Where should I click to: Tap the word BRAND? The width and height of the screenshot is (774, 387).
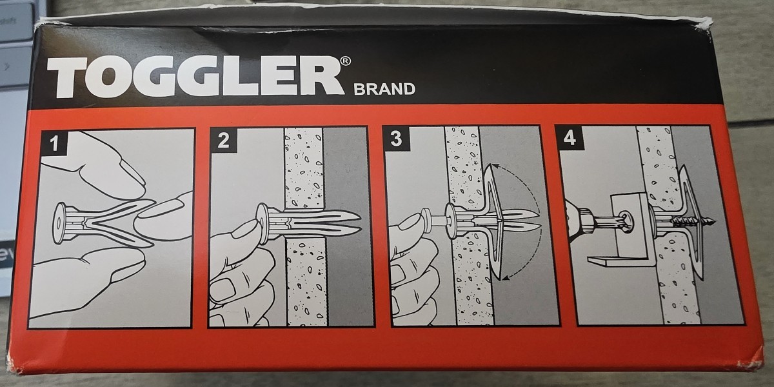click(384, 89)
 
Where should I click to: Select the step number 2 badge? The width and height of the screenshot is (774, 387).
click(223, 141)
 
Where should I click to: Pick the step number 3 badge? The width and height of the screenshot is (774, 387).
click(395, 139)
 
